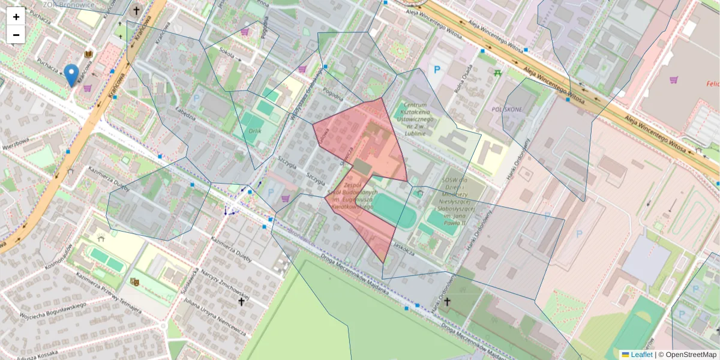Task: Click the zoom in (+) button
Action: [16, 17]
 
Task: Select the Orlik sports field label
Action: [255, 130]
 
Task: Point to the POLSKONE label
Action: [506, 110]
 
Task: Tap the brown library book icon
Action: [89, 55]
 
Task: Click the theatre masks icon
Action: [134, 281]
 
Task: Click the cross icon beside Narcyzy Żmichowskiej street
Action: [241, 302]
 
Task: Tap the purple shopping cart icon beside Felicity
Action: [674, 80]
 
